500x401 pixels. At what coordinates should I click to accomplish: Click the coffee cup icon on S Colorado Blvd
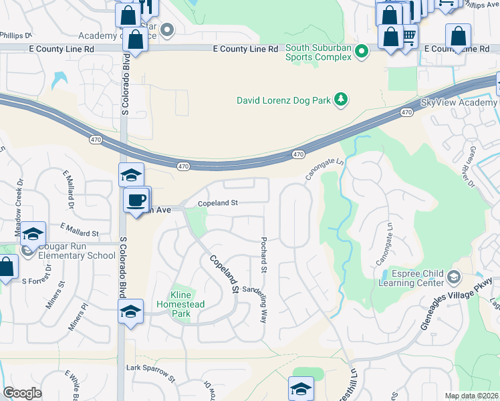click(x=137, y=200)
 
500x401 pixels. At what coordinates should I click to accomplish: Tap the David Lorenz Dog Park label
click(x=284, y=100)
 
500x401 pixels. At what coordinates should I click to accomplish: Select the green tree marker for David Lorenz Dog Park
click(x=341, y=100)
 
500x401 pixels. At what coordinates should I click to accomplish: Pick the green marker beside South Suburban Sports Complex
click(x=362, y=51)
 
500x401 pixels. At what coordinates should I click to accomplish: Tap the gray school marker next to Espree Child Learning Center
click(x=454, y=277)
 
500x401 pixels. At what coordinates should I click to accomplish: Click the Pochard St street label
click(x=264, y=254)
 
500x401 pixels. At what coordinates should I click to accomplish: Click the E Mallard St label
click(x=79, y=229)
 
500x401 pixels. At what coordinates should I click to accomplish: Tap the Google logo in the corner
click(x=23, y=392)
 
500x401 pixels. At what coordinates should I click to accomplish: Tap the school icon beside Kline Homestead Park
click(x=131, y=311)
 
